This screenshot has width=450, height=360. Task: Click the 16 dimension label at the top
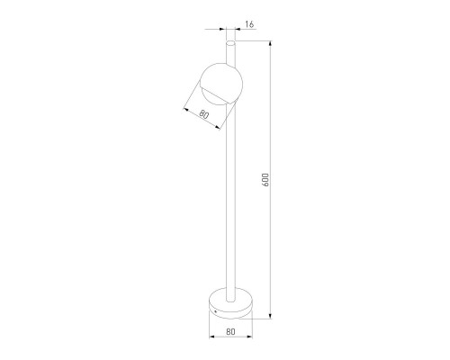[249, 24]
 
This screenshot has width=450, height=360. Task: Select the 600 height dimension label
[265, 180]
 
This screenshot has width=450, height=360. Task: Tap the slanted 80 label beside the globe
[203, 114]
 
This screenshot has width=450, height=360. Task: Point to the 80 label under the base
[230, 331]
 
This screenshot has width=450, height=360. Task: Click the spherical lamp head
[221, 84]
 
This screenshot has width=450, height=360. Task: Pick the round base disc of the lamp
[230, 303]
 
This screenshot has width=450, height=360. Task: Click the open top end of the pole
[230, 43]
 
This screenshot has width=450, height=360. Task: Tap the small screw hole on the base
[215, 311]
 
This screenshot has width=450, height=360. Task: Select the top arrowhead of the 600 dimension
[271, 43]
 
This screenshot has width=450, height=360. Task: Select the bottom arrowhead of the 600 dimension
[271, 316]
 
